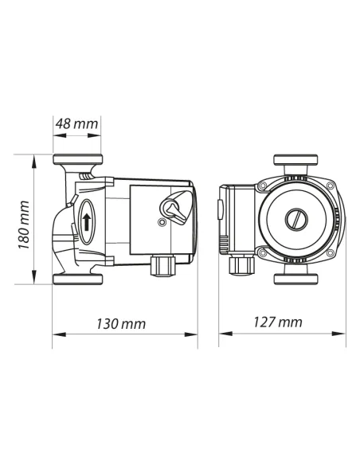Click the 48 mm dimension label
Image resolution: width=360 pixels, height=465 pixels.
[77, 124]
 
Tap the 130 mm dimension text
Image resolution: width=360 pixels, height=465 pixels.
[124, 324]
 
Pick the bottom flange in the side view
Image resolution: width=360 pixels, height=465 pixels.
[77, 279]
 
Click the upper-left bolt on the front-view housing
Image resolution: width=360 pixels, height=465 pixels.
[262, 186]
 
